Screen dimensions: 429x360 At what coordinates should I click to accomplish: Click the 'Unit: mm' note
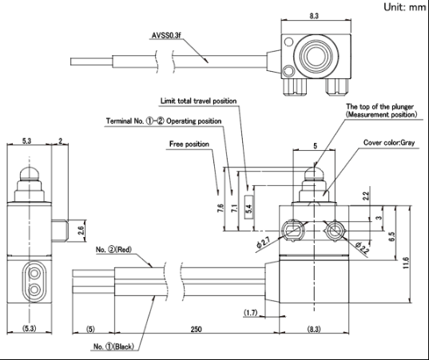click(x=405, y=7)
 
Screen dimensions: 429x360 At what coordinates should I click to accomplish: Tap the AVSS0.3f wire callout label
click(x=166, y=36)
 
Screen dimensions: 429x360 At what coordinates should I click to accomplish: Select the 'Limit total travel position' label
click(x=198, y=101)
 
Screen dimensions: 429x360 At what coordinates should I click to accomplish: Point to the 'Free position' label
click(x=189, y=144)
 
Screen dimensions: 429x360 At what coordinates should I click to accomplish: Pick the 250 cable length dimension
click(x=197, y=329)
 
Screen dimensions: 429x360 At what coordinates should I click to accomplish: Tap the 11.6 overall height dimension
click(x=406, y=263)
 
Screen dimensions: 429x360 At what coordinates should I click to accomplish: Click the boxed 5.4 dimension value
click(x=248, y=208)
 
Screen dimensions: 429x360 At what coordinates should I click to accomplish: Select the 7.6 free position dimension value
click(x=221, y=208)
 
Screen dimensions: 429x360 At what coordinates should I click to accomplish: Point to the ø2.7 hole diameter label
click(x=263, y=242)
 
